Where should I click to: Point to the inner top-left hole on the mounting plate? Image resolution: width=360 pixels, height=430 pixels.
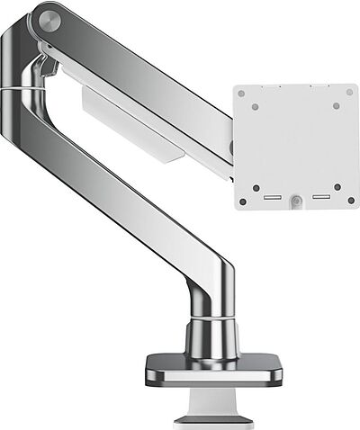255,106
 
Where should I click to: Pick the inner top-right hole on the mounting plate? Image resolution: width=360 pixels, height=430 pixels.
337,105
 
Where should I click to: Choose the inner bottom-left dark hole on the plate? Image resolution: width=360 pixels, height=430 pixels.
255,188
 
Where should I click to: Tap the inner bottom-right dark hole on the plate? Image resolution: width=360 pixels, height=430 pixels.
337,187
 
